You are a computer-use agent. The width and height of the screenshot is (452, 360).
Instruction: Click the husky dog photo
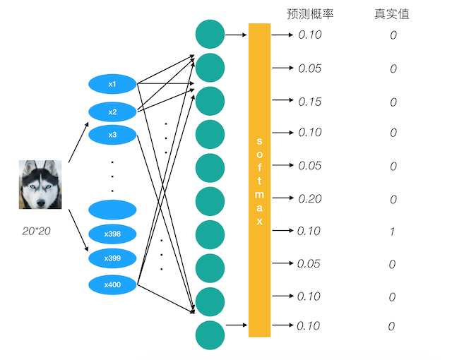point(40,184)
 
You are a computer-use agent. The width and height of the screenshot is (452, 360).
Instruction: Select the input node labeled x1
point(112,84)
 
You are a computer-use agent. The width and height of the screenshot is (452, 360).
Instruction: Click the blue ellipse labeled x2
point(112,112)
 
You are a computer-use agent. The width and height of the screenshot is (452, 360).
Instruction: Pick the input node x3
point(112,134)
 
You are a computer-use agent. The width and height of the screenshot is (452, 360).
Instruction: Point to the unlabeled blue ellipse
point(112,210)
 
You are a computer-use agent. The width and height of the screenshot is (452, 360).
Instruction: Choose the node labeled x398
point(112,234)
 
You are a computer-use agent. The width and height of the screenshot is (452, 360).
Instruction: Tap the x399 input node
point(112,258)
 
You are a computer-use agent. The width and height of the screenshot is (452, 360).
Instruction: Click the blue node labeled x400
point(112,284)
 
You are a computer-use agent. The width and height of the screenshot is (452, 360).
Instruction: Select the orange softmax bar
point(259,180)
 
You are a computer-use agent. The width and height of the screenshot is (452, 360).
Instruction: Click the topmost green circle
point(210,34)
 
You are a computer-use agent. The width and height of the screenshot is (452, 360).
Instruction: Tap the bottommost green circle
point(210,334)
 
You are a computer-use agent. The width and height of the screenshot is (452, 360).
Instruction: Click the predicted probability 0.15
point(309,102)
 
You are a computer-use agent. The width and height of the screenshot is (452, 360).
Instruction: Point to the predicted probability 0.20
point(309,199)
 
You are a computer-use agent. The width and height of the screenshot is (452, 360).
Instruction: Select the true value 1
point(393,232)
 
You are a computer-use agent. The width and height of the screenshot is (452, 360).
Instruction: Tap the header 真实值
point(392,13)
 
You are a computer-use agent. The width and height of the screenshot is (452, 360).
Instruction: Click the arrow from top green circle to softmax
point(236,34)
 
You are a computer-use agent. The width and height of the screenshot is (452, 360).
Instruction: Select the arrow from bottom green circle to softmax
point(236,325)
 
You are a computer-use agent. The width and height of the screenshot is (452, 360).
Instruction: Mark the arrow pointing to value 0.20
point(282,198)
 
